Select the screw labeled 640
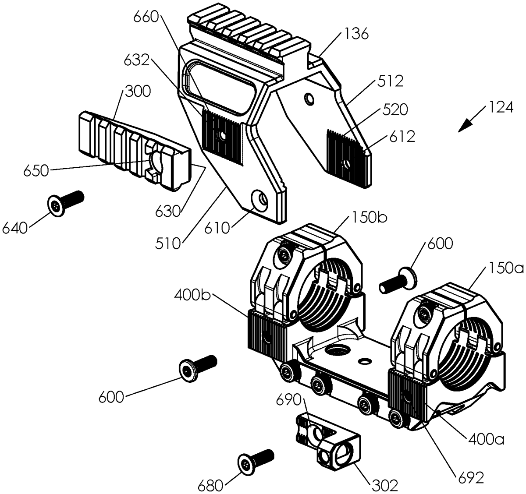click(65, 204)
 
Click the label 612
click(400, 137)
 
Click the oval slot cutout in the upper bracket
click(220, 86)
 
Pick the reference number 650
click(36, 170)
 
